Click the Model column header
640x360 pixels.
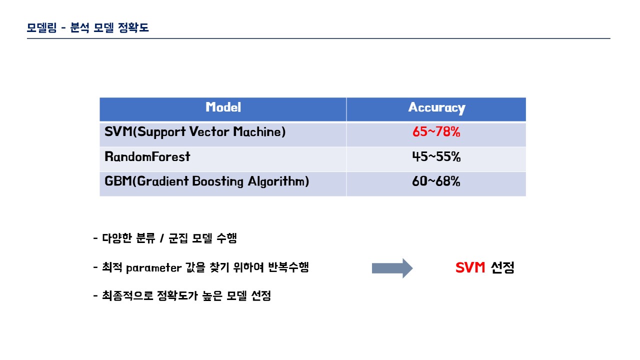pos(223,107)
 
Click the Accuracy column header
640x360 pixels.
pos(436,108)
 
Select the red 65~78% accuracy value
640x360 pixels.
pos(436,132)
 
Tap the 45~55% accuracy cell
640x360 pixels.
pos(436,157)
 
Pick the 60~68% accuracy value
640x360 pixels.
pos(436,181)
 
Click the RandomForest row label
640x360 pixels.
pos(147,157)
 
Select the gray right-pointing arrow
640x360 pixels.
pos(392,268)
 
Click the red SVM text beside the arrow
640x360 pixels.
pos(470,267)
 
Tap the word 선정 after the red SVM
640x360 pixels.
pos(502,267)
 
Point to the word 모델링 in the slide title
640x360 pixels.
pos(41,27)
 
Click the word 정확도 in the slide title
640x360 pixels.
pos(133,27)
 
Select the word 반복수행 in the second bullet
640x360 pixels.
pos(288,267)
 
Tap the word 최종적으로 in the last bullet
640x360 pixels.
pos(127,295)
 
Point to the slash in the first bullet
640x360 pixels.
pos(162,238)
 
